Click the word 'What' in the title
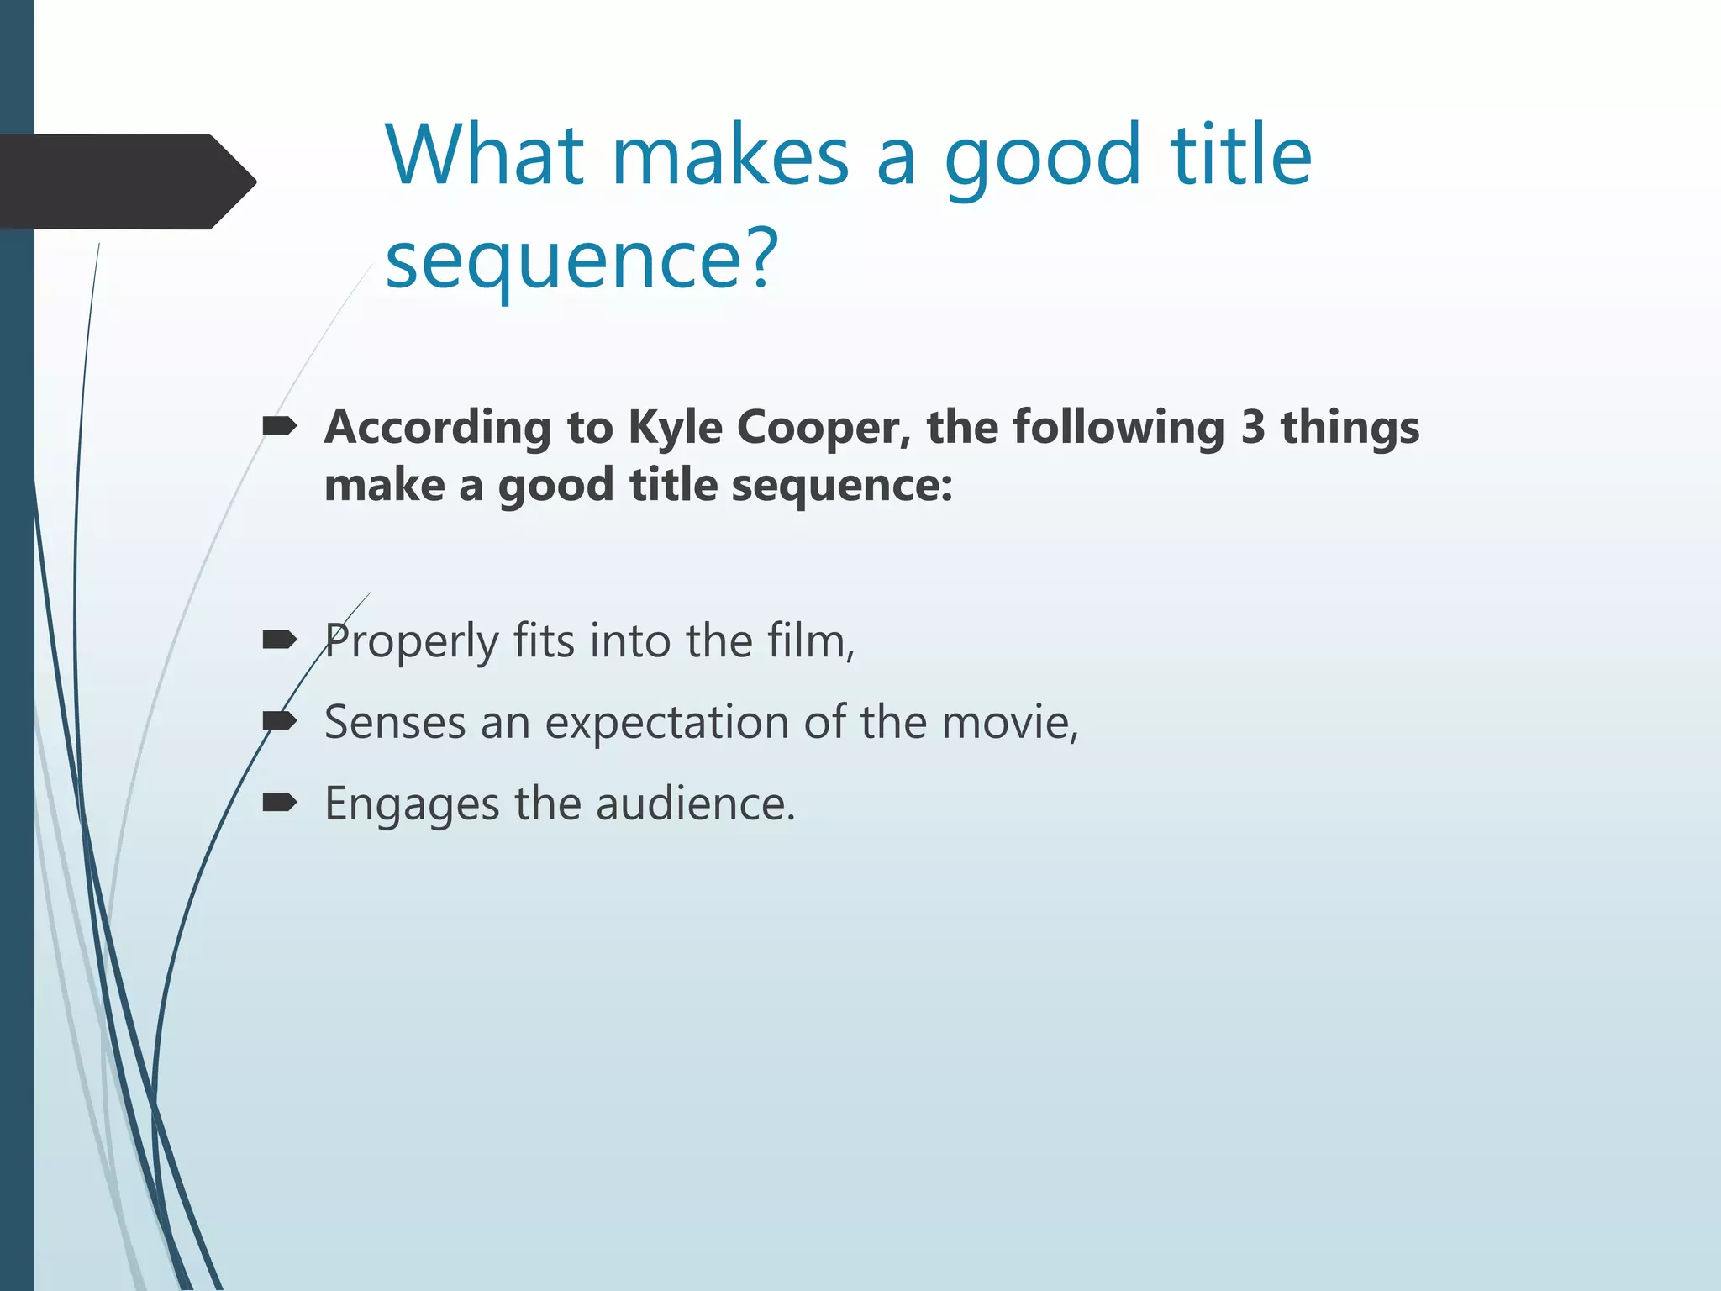[x=485, y=155]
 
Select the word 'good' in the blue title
[x=1042, y=160]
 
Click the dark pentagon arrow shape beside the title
[x=126, y=182]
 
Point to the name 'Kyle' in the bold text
[x=675, y=429]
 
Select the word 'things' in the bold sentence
[x=1350, y=429]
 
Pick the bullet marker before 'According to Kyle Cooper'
[x=279, y=427]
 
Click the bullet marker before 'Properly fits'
[x=279, y=641]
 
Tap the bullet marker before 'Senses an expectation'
[x=279, y=721]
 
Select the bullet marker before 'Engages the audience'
[x=279, y=803]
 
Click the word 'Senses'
[x=394, y=723]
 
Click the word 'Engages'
[x=412, y=805]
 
